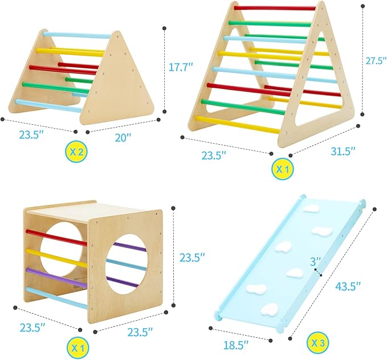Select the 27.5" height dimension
pyautogui.click(x=370, y=61)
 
